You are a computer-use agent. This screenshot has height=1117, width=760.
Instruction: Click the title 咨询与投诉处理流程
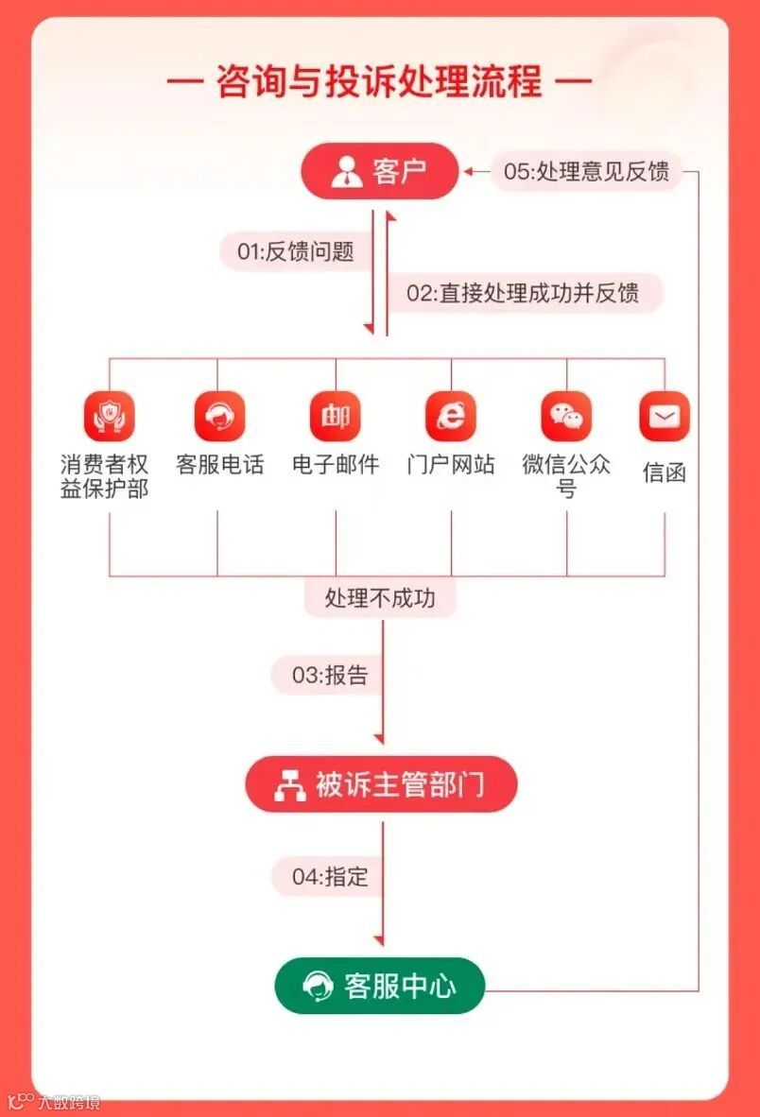(x=379, y=81)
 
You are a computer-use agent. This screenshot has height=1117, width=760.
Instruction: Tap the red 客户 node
(x=379, y=172)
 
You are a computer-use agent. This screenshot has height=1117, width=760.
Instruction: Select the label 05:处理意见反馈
(x=586, y=172)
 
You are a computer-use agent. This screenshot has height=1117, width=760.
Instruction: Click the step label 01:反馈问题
(x=295, y=251)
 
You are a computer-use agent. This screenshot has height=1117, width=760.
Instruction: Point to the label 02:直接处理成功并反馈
(x=523, y=293)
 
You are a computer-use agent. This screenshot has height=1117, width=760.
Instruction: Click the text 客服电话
(x=219, y=465)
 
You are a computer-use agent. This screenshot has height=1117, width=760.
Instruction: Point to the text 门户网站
(x=451, y=465)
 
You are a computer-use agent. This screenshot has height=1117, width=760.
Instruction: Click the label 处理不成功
(x=380, y=598)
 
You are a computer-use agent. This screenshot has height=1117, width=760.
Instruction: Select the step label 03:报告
(x=329, y=676)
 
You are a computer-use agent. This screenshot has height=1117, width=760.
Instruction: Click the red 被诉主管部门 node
(x=381, y=784)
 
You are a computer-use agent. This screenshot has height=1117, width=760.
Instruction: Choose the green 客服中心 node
(x=380, y=987)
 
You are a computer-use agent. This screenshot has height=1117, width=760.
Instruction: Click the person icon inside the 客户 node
(x=347, y=173)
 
